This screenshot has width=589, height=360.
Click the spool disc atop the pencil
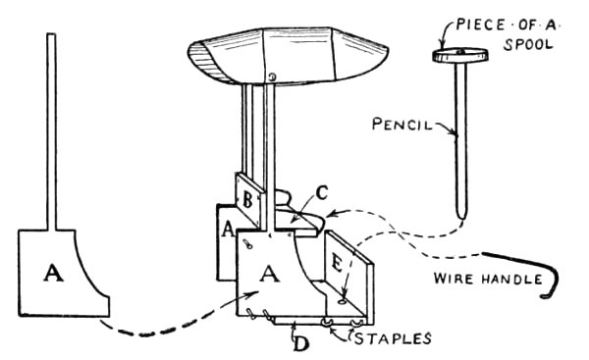(x=460, y=56)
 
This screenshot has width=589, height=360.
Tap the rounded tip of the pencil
(x=461, y=213)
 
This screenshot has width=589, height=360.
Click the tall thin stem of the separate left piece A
(x=52, y=128)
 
